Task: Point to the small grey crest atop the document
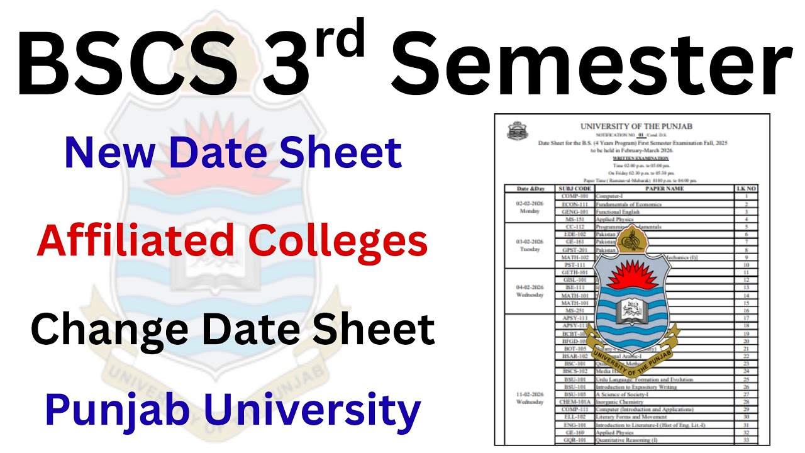518,131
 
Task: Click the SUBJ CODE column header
574,188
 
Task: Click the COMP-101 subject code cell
574,196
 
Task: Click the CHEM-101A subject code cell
574,401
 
